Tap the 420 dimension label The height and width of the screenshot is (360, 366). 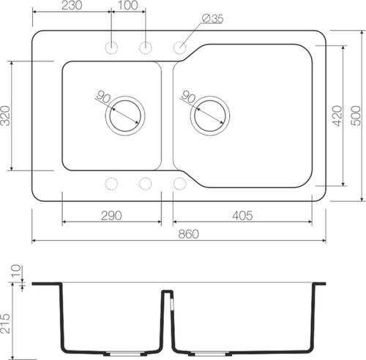pyautogui.click(x=337, y=115)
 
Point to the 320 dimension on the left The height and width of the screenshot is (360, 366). pyautogui.click(x=7, y=116)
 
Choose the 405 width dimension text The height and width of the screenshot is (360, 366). pyautogui.click(x=242, y=215)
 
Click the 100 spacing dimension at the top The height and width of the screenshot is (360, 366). pyautogui.click(x=127, y=6)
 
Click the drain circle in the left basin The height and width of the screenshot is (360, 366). pyautogui.click(x=125, y=115)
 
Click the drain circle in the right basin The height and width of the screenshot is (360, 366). pyautogui.click(x=210, y=115)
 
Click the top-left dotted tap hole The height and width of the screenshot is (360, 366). pyautogui.click(x=111, y=48)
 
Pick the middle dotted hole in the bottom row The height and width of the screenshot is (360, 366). pyautogui.click(x=145, y=182)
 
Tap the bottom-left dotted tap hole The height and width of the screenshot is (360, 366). pyautogui.click(x=111, y=182)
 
